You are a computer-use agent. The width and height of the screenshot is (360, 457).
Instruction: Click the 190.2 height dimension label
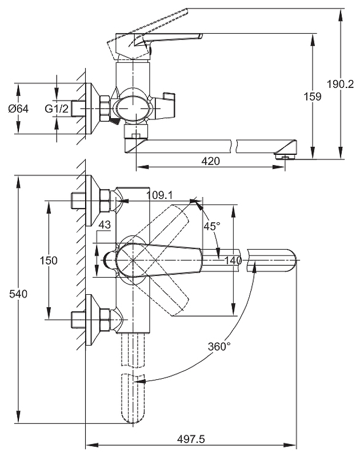tap(341, 84)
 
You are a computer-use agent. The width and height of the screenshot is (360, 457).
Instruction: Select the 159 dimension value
tap(312, 97)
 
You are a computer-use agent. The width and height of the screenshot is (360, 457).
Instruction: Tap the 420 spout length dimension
tap(211, 161)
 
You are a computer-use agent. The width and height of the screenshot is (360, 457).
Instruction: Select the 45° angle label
tap(212, 226)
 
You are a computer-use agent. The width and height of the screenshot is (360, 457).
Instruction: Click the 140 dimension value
tap(233, 260)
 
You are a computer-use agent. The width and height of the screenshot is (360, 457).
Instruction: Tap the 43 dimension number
tap(104, 225)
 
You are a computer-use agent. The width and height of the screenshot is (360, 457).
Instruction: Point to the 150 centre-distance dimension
tap(50, 260)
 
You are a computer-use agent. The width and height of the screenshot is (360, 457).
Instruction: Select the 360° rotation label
tap(219, 346)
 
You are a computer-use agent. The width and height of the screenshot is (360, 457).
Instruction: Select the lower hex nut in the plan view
tap(104, 319)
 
